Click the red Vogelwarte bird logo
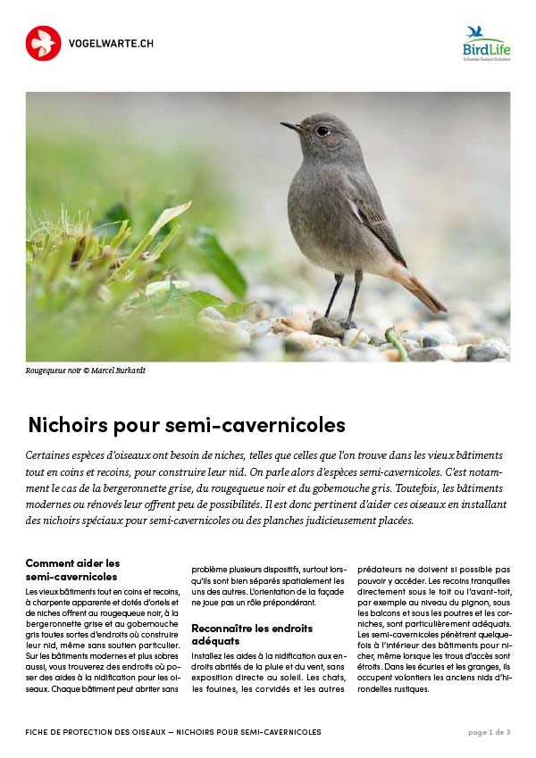click(x=43, y=43)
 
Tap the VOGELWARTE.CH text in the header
click(x=111, y=43)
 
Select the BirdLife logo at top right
click(x=485, y=43)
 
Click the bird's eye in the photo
click(x=322, y=130)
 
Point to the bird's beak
click(x=291, y=127)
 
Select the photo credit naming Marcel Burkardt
click(x=86, y=371)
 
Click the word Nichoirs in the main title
click(x=63, y=424)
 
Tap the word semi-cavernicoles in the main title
click(x=263, y=424)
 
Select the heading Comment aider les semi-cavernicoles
click(x=72, y=570)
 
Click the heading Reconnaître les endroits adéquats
click(x=252, y=635)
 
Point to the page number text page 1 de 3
click(x=489, y=732)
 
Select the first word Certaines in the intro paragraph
click(x=50, y=455)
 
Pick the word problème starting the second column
click(x=213, y=568)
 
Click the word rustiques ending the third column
click(x=415, y=687)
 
